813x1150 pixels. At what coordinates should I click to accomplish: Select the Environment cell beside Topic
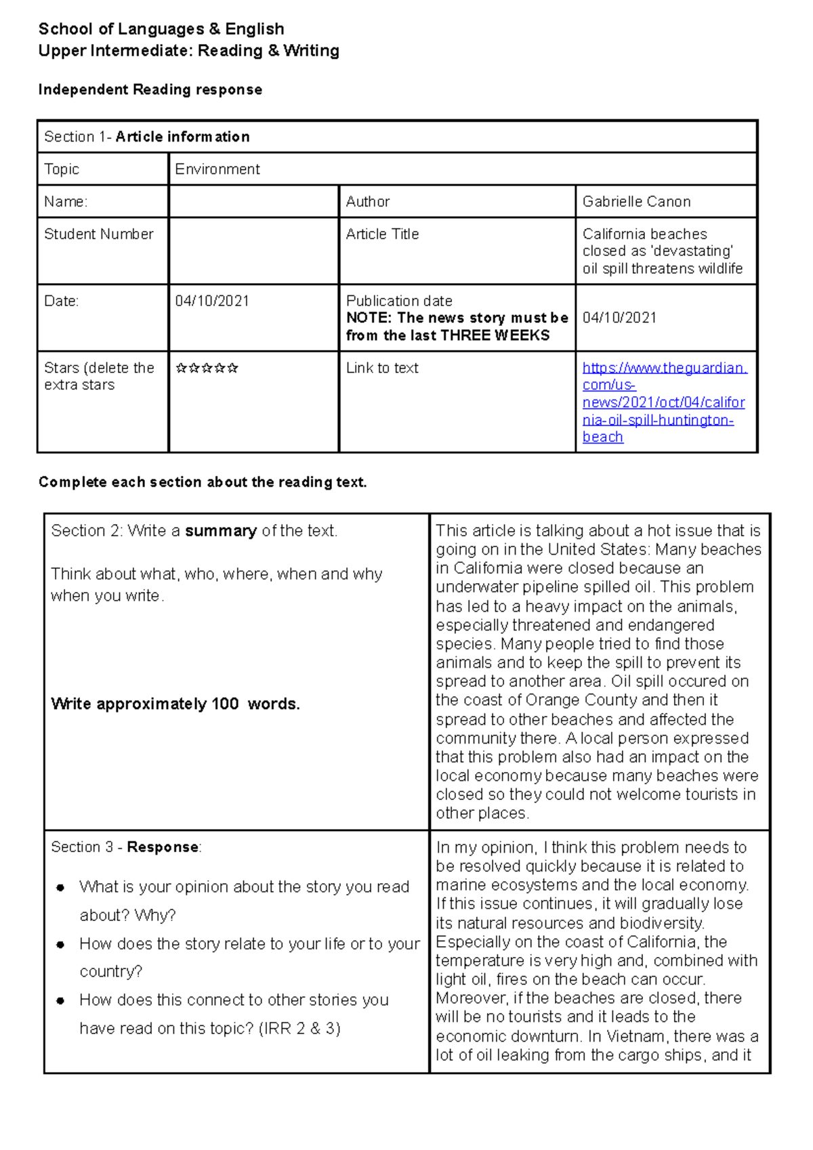click(x=217, y=169)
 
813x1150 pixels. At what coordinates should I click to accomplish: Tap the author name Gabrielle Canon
click(x=636, y=202)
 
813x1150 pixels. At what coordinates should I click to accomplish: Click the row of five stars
click(x=207, y=368)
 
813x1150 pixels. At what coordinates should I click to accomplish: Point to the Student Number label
click(x=99, y=234)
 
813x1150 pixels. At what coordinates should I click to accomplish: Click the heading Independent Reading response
click(x=150, y=90)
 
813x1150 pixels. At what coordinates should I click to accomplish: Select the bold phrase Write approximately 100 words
click(x=175, y=704)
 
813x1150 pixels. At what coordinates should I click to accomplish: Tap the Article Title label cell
click(x=382, y=234)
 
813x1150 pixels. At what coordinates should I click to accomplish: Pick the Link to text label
click(x=382, y=368)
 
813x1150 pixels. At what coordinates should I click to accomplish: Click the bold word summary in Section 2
click(x=221, y=531)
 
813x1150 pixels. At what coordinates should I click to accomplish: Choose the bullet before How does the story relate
click(x=61, y=945)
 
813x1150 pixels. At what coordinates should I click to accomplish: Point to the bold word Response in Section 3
click(x=163, y=848)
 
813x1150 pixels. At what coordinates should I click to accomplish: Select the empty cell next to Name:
click(x=253, y=202)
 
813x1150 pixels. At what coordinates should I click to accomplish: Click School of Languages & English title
click(x=161, y=29)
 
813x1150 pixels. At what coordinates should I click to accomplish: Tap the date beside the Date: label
click(x=212, y=301)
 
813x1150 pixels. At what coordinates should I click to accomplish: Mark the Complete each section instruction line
click(x=203, y=482)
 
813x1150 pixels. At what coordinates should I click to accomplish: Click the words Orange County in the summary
click(x=581, y=700)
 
